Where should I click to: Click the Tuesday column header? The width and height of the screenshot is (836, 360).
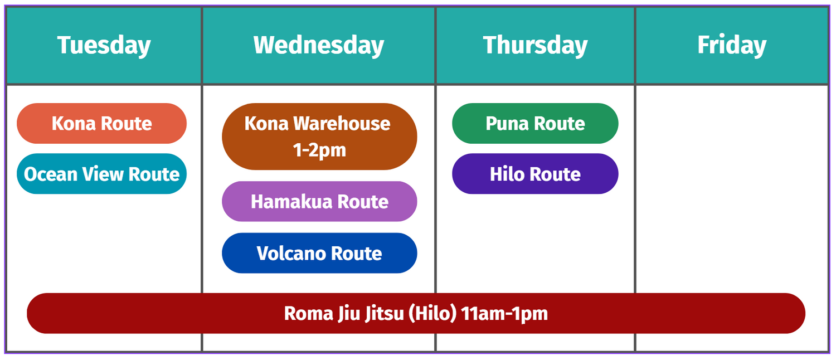coord(104,46)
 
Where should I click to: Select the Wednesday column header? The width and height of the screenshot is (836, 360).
coord(319,46)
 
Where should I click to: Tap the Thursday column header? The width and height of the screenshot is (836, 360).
coord(535,46)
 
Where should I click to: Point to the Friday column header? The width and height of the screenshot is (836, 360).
coord(732,46)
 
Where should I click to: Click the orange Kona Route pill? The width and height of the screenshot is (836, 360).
coord(101,123)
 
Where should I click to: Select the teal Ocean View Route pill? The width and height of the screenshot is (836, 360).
coord(101,174)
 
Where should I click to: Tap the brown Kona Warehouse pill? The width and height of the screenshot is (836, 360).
coord(319,137)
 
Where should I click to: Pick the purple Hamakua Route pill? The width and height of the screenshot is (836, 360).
coord(319,201)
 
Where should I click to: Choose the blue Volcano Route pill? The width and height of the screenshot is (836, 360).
coord(319,253)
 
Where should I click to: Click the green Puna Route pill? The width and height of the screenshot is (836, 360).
coord(535,123)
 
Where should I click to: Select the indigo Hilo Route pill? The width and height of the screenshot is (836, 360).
coord(535,174)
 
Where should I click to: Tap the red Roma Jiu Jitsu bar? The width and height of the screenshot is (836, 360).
coord(416,313)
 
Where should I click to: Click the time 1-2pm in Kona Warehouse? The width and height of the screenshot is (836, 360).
coord(319,150)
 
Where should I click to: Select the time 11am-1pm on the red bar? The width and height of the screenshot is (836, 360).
coord(504,313)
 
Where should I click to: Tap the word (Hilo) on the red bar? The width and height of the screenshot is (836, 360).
coord(432,313)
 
